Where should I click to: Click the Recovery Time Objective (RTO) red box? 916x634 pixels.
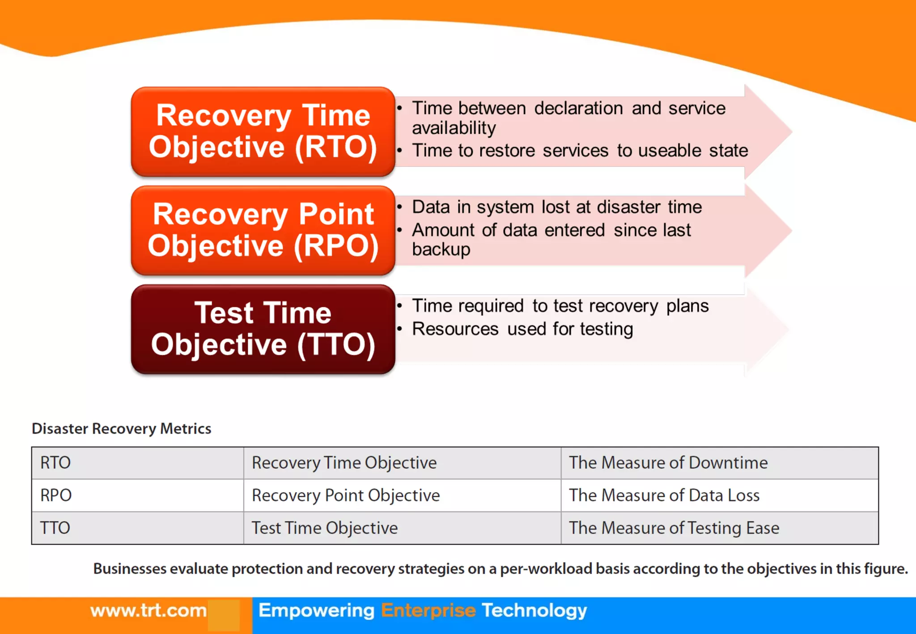tap(263, 131)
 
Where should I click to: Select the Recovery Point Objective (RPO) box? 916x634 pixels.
tap(263, 230)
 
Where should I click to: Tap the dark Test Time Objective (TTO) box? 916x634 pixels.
tap(263, 329)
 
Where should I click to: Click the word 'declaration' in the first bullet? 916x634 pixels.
tap(578, 109)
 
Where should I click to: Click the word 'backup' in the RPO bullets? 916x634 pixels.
tap(441, 249)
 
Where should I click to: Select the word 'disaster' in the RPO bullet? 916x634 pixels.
tap(628, 207)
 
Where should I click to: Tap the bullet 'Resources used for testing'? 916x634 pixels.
tap(522, 329)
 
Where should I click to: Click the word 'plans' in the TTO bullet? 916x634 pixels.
tap(687, 306)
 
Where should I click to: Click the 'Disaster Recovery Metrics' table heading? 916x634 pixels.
tap(121, 429)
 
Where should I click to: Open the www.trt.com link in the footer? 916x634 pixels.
tap(148, 611)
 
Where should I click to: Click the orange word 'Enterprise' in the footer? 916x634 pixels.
tap(428, 611)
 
